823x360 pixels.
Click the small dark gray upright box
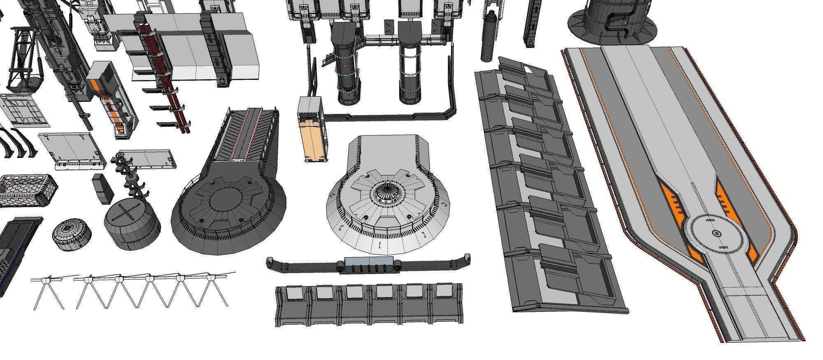point(102,188)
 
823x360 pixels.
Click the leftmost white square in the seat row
point(293,293)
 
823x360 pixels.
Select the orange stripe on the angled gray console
point(95,86)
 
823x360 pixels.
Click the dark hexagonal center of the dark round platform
point(228,200)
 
